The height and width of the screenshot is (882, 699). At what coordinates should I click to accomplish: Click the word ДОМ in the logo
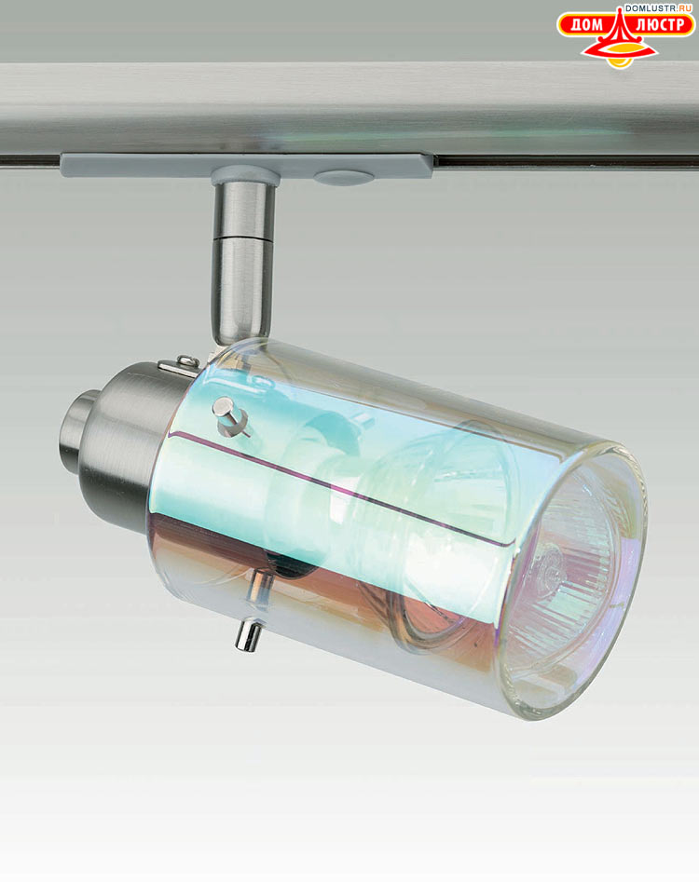[x=586, y=25]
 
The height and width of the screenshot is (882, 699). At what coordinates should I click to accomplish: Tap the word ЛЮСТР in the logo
[x=660, y=25]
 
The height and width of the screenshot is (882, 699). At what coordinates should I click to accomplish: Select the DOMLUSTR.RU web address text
[x=658, y=7]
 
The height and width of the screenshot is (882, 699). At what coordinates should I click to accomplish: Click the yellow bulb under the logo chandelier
[x=620, y=61]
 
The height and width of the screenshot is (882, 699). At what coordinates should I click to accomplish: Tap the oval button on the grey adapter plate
[x=343, y=178]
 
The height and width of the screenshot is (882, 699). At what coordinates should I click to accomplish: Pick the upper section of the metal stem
[x=243, y=210]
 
